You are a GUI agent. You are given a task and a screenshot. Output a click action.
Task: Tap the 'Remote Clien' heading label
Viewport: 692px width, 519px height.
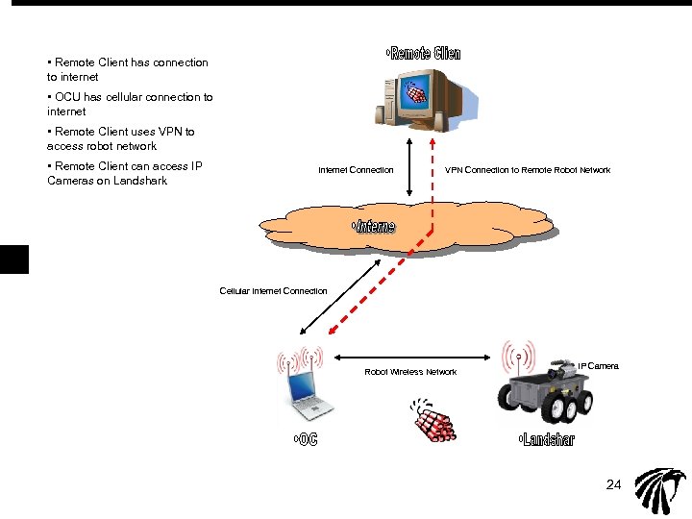pos(424,54)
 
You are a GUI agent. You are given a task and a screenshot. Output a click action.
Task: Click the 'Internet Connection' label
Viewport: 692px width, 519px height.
pos(356,170)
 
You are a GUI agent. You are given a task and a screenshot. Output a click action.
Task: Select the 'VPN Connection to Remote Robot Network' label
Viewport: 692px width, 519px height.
pos(528,170)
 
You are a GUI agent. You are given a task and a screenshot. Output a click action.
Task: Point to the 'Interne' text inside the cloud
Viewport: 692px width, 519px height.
pos(374,227)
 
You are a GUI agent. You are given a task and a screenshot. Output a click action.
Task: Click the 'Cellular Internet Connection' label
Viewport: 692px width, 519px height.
pos(273,290)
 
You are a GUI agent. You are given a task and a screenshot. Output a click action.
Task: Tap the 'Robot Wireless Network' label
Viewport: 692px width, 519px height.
pos(410,372)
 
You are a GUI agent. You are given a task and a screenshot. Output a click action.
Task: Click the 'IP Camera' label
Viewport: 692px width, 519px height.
pos(598,366)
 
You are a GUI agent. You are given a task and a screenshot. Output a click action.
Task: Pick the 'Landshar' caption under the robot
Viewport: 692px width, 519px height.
pos(546,440)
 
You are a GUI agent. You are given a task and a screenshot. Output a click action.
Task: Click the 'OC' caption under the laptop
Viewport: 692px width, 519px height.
pos(305,440)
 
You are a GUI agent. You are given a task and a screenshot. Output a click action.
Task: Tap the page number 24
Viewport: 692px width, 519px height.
pos(614,483)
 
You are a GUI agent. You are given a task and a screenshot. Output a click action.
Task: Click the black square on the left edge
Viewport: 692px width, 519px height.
pos(14,259)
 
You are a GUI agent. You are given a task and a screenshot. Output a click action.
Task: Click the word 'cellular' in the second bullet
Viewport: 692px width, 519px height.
pos(126,97)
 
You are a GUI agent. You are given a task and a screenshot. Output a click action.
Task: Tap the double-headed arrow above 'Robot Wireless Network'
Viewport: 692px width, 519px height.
pos(416,355)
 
